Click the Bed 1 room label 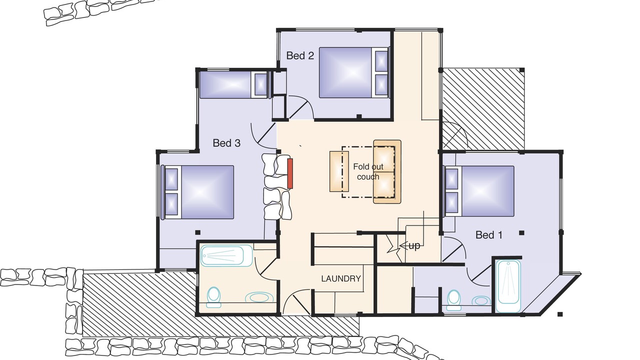488,235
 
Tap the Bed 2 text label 300,55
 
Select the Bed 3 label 226,143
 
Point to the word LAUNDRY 341,278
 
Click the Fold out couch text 368,171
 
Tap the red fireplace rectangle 290,173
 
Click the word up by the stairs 414,245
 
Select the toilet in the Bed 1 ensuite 453,300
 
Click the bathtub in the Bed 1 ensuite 508,285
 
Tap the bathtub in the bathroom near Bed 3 227,255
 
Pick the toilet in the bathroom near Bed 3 213,297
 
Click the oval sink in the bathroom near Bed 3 259,297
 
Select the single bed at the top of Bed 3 234,84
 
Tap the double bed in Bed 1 479,191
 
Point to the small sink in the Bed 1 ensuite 481,300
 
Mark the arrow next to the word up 403,245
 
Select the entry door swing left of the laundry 295,301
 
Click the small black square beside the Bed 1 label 521,233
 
